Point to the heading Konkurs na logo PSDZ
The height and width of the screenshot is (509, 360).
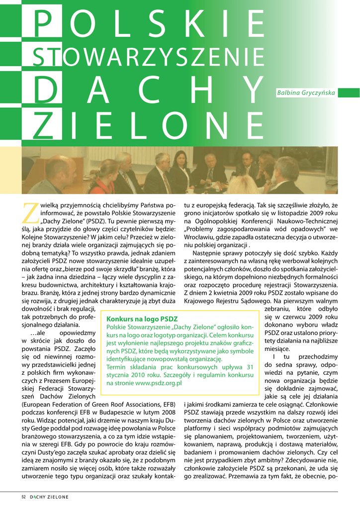click(142, 319)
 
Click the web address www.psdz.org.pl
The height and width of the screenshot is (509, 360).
click(159, 383)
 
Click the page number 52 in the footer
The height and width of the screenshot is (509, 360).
click(23, 497)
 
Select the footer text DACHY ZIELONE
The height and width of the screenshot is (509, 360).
click(49, 497)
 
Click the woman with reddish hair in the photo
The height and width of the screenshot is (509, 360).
click(107, 171)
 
